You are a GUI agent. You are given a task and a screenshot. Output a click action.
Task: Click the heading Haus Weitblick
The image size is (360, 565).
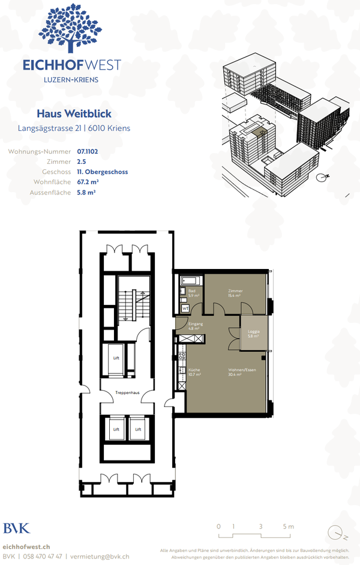(74, 113)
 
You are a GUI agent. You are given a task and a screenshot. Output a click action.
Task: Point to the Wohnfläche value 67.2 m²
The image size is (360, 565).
(88, 182)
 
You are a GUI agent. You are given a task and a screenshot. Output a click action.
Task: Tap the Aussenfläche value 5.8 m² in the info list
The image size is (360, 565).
(86, 192)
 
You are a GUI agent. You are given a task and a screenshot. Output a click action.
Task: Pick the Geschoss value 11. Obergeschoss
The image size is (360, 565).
(102, 172)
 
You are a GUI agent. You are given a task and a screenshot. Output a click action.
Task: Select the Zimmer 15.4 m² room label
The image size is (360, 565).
(234, 292)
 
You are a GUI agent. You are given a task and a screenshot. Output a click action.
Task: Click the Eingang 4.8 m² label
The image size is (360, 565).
(195, 326)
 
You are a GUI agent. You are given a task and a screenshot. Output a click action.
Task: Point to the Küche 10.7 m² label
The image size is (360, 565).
(194, 372)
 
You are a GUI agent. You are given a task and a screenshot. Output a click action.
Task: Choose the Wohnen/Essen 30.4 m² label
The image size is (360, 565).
(242, 372)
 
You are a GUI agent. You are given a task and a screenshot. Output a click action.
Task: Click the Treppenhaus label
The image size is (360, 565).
(127, 393)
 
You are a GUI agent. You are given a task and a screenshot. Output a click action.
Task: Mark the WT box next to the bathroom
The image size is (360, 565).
(185, 309)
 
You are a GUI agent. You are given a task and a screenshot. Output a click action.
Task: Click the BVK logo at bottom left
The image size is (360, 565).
(16, 528)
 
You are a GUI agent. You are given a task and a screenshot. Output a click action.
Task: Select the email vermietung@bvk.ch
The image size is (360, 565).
(100, 557)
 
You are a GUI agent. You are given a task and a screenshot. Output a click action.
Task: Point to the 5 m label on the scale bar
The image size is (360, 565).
(289, 527)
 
